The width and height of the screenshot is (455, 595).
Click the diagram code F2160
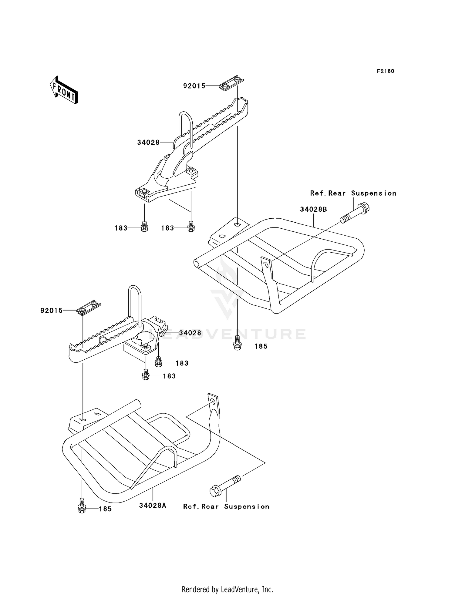point(385,71)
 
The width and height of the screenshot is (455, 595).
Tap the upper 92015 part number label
point(194,86)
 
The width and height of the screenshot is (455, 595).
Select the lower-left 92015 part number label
point(52,311)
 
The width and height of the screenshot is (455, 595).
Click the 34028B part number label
point(313,209)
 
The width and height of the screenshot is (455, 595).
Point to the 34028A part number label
point(153,506)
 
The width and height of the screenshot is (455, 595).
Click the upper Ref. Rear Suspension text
point(353,193)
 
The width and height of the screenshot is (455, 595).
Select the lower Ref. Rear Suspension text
point(226,506)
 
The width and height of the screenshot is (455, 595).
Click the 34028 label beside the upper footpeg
point(148,143)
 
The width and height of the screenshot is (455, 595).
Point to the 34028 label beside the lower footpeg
point(190,333)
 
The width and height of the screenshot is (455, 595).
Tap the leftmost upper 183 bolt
point(144,227)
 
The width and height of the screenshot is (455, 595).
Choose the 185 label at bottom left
point(105,509)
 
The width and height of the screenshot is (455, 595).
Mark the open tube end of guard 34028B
point(197,263)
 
